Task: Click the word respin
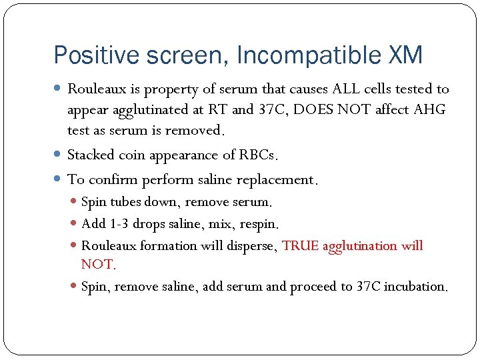[253, 223]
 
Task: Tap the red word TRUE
[301, 245]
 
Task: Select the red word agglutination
[360, 245]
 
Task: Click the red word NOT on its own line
[98, 265]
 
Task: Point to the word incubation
[416, 287]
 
